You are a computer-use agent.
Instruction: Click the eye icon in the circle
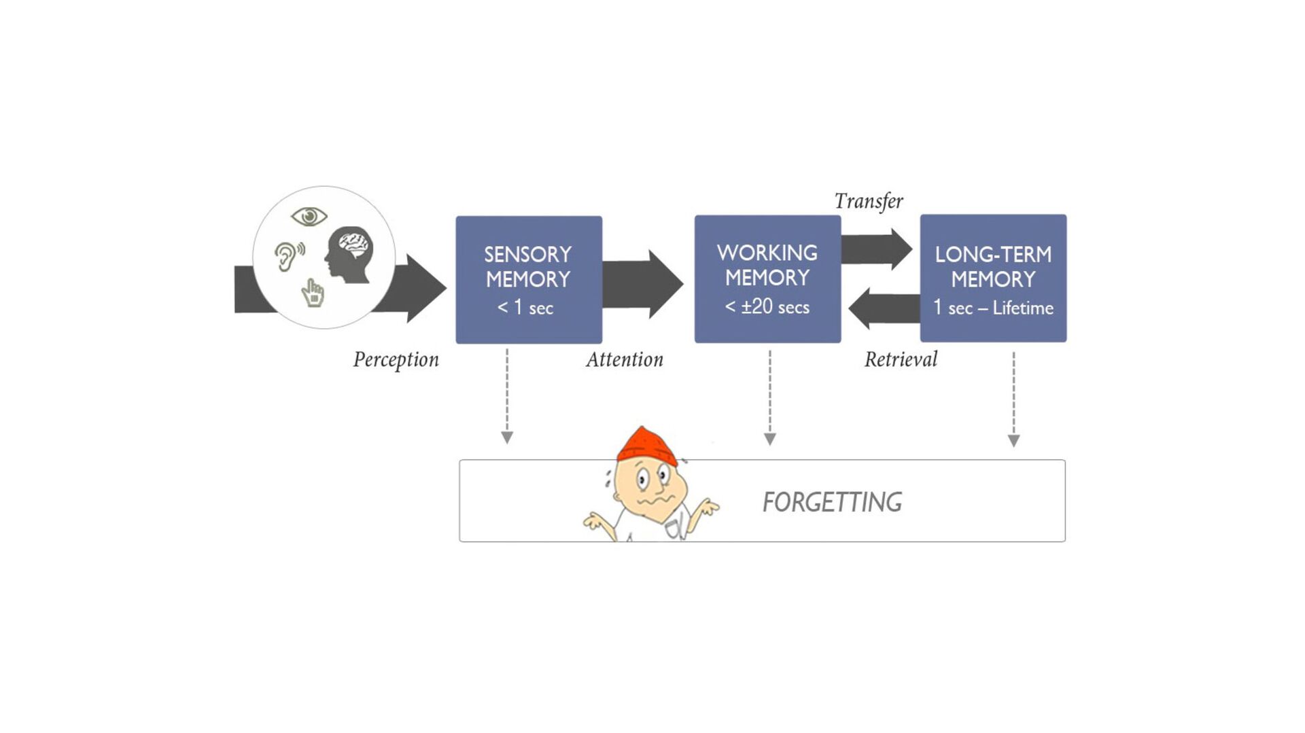coord(309,217)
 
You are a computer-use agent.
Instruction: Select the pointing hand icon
coord(313,293)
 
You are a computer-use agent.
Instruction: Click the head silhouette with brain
coord(349,255)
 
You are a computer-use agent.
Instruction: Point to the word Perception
coord(396,359)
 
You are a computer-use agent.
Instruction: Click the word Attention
coord(625,359)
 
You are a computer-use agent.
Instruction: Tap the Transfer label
coord(869,201)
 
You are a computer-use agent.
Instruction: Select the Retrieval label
coord(901,359)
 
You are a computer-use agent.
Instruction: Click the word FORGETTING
coord(832,502)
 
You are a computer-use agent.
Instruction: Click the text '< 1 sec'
coord(525,308)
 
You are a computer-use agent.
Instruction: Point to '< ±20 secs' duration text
coord(767,307)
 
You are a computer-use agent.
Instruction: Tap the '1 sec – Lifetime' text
coord(993,308)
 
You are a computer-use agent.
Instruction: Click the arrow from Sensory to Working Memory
coord(642,284)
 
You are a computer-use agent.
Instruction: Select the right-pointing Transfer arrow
coord(877,249)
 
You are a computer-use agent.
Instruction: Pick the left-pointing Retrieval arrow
coord(884,308)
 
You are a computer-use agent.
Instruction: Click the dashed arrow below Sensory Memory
coord(507,396)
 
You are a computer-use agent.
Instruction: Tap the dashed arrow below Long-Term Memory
coord(1013,399)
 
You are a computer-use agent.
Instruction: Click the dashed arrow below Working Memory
coord(769,397)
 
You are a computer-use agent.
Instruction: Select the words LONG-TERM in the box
coord(993,255)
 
